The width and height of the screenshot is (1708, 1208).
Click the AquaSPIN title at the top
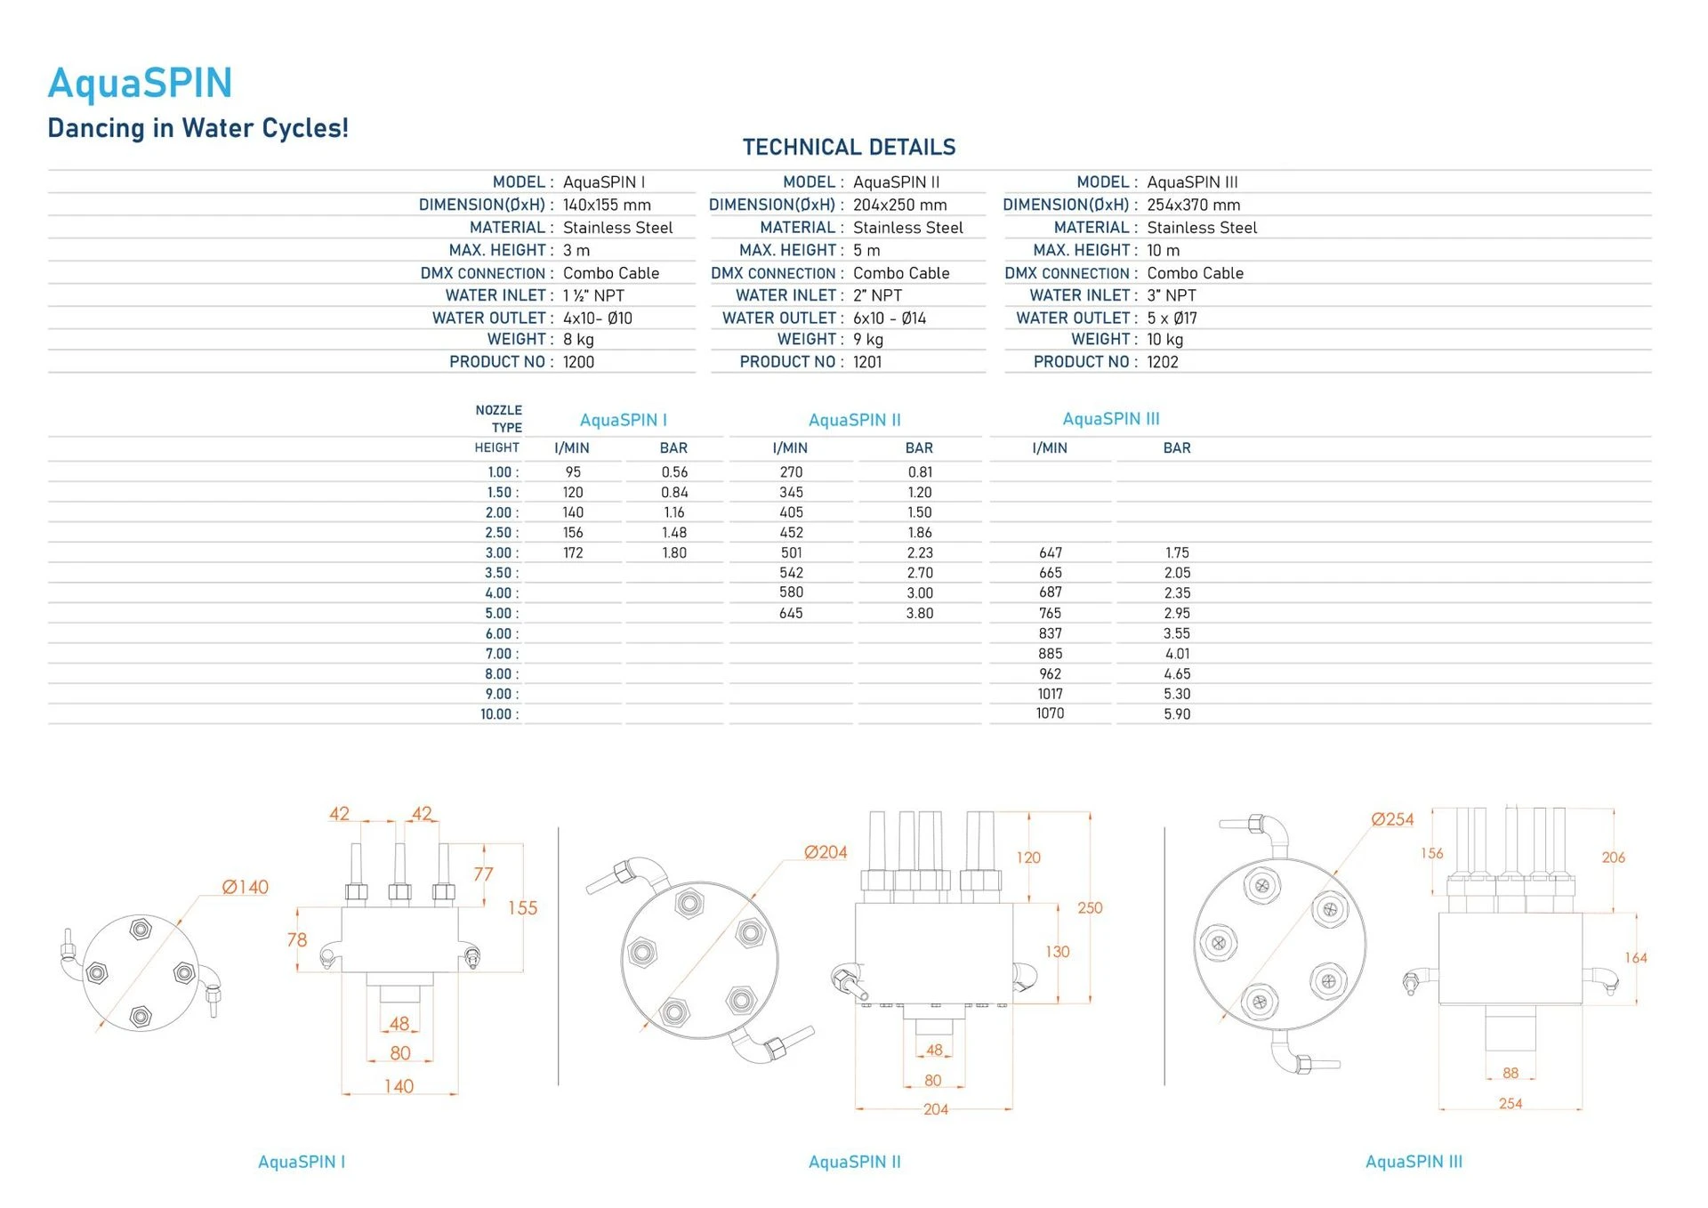point(140,84)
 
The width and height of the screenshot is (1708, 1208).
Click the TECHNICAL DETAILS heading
point(849,147)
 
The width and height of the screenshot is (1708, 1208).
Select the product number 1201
point(867,362)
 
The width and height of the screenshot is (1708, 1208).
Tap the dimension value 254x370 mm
point(1193,205)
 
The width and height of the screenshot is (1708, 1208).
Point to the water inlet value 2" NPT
point(877,295)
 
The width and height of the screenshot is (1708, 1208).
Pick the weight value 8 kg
point(578,340)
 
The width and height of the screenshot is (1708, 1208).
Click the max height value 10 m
point(1163,250)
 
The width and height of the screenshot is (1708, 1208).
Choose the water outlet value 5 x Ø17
point(1172,318)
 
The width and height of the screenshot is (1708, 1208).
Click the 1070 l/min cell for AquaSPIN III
point(1050,713)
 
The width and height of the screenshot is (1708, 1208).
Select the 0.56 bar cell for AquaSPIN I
point(674,472)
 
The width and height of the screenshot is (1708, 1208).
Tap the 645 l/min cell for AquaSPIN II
point(791,613)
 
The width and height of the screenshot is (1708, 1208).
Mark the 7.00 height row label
point(501,654)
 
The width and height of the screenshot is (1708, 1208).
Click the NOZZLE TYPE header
point(499,419)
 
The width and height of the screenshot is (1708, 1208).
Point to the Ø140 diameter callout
point(245,887)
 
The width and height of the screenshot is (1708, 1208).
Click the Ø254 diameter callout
point(1392,819)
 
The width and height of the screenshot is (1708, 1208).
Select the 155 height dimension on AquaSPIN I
point(523,908)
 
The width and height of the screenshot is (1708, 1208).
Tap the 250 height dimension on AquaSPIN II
point(1090,908)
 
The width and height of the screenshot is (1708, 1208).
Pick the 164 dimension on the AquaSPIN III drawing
point(1636,958)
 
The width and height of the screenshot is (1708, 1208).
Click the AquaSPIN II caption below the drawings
point(854,1162)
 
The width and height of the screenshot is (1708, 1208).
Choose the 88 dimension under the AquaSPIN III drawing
point(1511,1073)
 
